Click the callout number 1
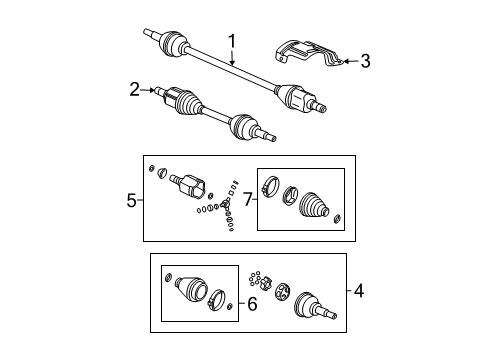(x=232, y=43)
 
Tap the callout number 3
(x=365, y=62)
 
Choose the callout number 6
(x=251, y=302)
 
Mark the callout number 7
(x=247, y=198)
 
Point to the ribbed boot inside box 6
(x=187, y=289)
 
